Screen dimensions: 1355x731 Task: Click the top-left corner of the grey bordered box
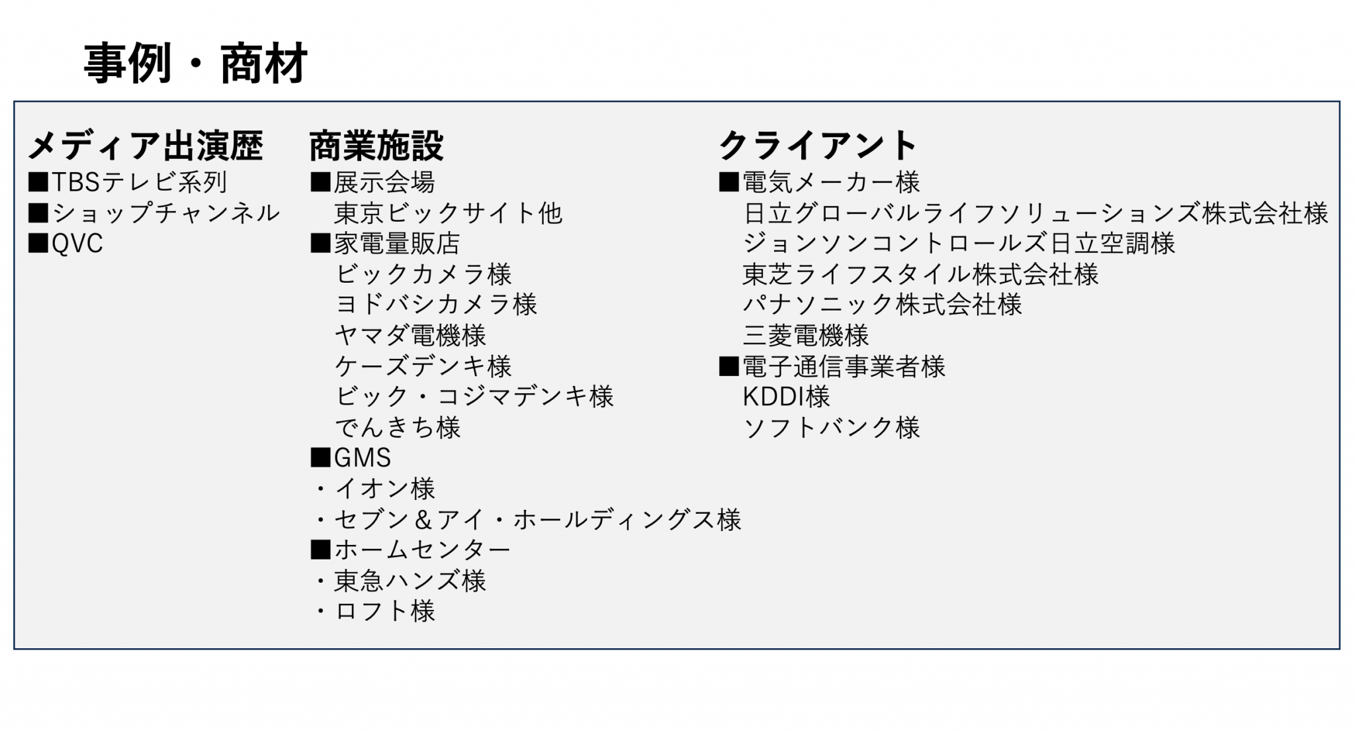(15, 102)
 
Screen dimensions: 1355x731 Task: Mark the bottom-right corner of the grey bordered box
(1339, 648)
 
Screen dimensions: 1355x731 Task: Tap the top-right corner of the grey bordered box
(1339, 102)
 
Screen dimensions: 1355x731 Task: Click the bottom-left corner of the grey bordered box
(15, 648)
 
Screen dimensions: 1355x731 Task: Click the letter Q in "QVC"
(60, 244)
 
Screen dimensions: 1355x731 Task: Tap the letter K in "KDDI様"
(751, 397)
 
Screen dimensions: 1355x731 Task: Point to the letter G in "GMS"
(343, 458)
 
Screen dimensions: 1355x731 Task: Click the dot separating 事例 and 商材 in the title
(195, 65)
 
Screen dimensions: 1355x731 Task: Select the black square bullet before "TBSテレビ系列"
(38, 182)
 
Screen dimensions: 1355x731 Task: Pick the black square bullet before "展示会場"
(320, 182)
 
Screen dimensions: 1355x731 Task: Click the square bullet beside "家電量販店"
(320, 244)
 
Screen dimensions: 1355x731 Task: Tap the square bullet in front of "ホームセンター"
(320, 550)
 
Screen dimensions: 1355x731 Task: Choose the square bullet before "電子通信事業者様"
(728, 366)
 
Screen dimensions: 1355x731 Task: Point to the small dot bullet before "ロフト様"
(321, 611)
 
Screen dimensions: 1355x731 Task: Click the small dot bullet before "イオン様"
(321, 489)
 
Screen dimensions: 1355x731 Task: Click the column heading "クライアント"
(818, 146)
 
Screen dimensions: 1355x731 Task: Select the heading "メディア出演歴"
(146, 146)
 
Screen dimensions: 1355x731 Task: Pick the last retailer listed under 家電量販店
(397, 427)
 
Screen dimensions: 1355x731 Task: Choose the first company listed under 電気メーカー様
(1035, 213)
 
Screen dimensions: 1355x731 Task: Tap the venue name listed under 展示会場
(448, 213)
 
